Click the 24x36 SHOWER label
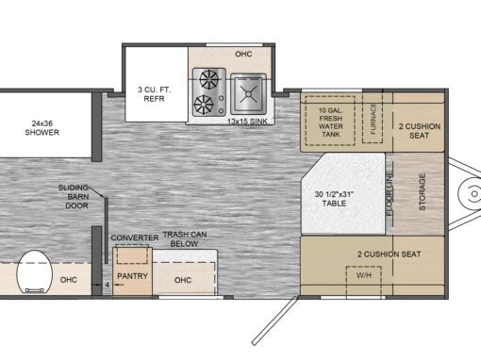pos(42,128)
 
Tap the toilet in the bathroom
pos(35,272)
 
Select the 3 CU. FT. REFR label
pos(154,94)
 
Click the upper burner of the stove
pos(209,79)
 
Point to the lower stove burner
pos(203,105)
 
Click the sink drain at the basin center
pos(248,94)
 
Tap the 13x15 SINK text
pos(247,122)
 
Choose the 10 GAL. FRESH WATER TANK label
pos(330,123)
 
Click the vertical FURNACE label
pos(373,119)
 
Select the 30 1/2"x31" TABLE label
pos(334,199)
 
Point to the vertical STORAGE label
pos(423,191)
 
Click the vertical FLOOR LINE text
pos(390,194)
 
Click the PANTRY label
pos(132,276)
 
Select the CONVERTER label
pos(135,237)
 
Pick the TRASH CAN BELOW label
pos(185,239)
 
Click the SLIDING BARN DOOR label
pos(74,197)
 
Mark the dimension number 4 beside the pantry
pos(108,285)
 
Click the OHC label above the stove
pos(243,54)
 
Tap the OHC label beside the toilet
pos(69,280)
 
